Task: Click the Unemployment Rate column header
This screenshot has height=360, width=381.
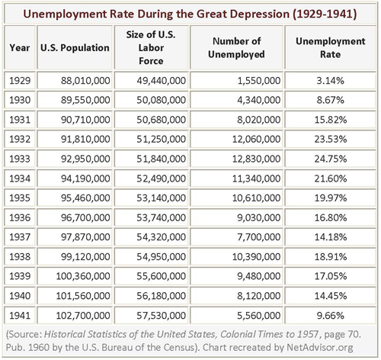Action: click(331, 48)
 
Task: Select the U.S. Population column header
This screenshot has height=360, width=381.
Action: click(75, 48)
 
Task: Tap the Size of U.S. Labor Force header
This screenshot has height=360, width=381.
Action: click(151, 48)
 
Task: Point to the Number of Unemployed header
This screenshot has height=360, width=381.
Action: click(236, 48)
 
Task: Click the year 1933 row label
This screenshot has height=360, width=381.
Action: click(20, 159)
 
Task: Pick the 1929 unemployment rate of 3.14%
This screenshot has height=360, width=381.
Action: click(331, 81)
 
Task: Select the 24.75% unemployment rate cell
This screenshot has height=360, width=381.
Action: click(331, 159)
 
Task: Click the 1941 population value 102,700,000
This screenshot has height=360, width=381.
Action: click(83, 316)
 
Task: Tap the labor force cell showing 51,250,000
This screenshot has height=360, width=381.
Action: click(162, 140)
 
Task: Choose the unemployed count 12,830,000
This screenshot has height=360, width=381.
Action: click(256, 159)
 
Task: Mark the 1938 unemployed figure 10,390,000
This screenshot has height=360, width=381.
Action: click(256, 257)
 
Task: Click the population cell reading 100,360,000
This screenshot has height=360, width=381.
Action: click(83, 276)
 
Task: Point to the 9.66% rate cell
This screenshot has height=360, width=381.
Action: click(331, 316)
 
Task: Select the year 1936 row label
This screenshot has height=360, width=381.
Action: click(20, 217)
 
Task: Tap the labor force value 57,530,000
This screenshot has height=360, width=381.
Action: click(162, 316)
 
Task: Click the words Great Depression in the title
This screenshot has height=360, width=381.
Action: click(243, 14)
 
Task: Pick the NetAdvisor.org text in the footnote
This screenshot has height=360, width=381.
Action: click(320, 347)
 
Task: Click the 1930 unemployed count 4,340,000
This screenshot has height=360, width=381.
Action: click(259, 100)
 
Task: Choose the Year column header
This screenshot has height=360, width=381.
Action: click(20, 48)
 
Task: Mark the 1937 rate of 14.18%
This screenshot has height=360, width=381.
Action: click(331, 237)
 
